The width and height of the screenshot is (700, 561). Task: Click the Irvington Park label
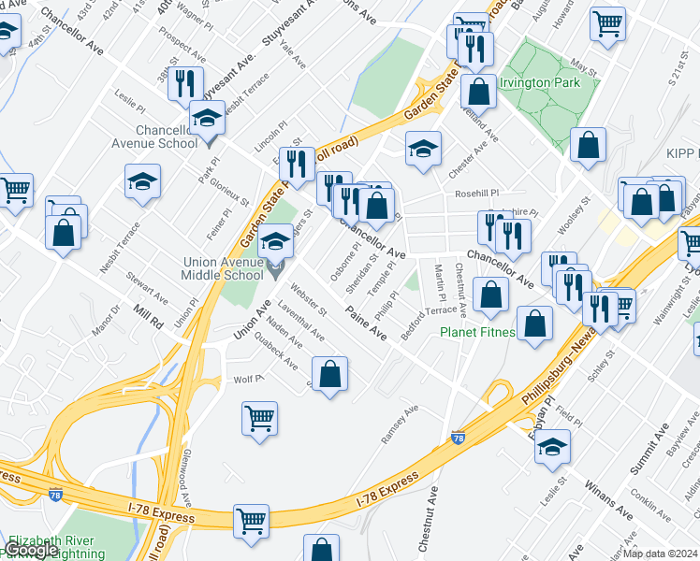click(x=540, y=82)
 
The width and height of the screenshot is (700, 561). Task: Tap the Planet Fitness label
click(x=478, y=331)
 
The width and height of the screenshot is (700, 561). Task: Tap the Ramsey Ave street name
click(x=400, y=424)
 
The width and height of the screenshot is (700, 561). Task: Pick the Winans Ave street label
click(x=608, y=496)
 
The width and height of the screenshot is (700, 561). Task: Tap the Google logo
click(x=32, y=550)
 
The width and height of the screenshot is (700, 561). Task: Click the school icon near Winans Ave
click(x=553, y=446)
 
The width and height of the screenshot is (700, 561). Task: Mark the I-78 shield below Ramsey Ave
click(x=458, y=437)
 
